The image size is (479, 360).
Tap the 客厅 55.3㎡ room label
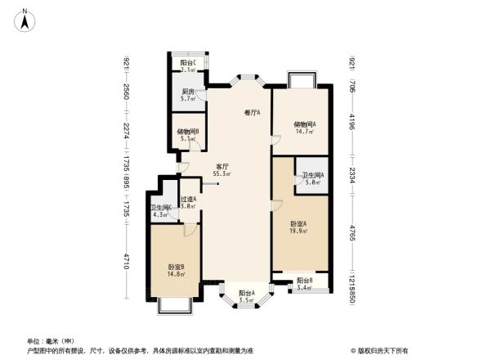tap(221, 169)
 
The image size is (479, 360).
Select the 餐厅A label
tap(252, 113)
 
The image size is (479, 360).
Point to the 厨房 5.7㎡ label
tap(187, 95)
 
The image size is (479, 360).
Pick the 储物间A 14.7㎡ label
tap(305, 128)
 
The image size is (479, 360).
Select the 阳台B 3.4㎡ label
tap(304, 284)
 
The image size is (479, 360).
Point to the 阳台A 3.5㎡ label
tap(246, 296)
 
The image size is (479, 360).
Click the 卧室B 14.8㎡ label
tap(176, 271)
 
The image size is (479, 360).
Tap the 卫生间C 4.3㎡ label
tap(160, 211)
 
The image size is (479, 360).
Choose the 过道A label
tap(188, 203)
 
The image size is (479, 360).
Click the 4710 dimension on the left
tap(128, 262)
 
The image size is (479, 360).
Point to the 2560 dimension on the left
tap(128, 92)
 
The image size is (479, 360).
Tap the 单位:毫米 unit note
tap(50, 340)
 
